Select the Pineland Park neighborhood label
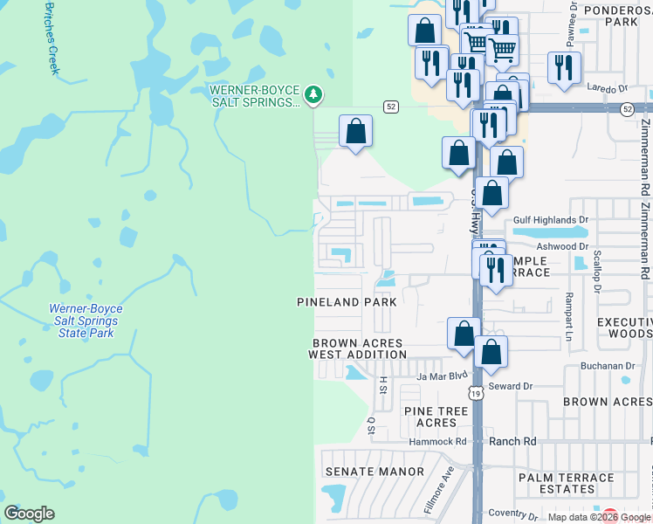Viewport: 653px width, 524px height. (347, 302)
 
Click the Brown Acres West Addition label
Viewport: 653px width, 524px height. (358, 349)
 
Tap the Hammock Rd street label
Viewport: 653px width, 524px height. (438, 443)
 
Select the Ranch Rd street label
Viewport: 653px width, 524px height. (513, 442)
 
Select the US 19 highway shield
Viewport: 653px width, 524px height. (476, 394)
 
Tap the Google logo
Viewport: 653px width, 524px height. (29, 514)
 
